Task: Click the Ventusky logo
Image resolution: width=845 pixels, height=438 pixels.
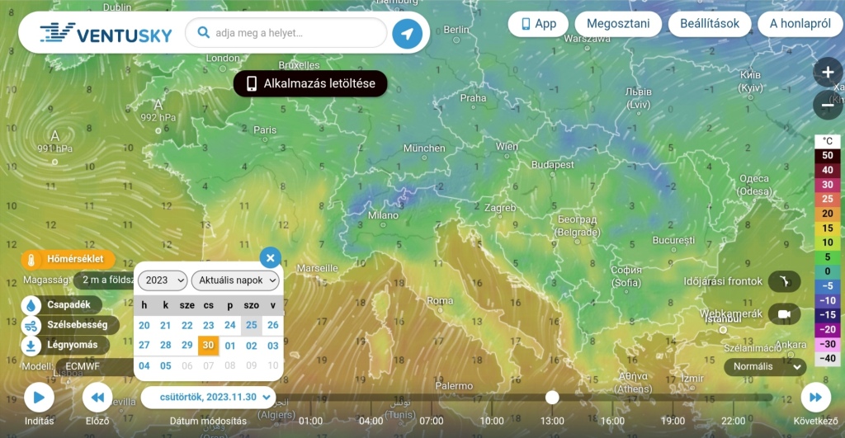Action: (x=106, y=34)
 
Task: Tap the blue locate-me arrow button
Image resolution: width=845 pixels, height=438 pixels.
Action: (x=407, y=34)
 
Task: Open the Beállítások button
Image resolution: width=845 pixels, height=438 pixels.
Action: (x=710, y=23)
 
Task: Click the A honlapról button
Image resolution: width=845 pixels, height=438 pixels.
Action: (x=800, y=23)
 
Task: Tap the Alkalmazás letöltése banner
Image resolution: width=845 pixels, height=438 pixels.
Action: (x=310, y=83)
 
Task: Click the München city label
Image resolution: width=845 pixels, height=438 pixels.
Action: (x=424, y=148)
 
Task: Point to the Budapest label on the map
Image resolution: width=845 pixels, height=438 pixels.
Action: (x=552, y=165)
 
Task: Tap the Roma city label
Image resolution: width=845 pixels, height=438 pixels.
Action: (x=440, y=300)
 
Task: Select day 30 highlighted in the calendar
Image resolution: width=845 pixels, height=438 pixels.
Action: (x=209, y=346)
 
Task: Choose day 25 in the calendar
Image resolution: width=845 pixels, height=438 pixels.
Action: (x=252, y=325)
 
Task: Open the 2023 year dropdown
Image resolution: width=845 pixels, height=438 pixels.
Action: (x=163, y=280)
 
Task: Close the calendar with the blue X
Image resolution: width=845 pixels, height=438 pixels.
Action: (x=271, y=257)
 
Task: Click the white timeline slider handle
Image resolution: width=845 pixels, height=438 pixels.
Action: (x=552, y=398)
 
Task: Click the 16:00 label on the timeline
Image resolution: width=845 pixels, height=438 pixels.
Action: (x=612, y=421)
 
